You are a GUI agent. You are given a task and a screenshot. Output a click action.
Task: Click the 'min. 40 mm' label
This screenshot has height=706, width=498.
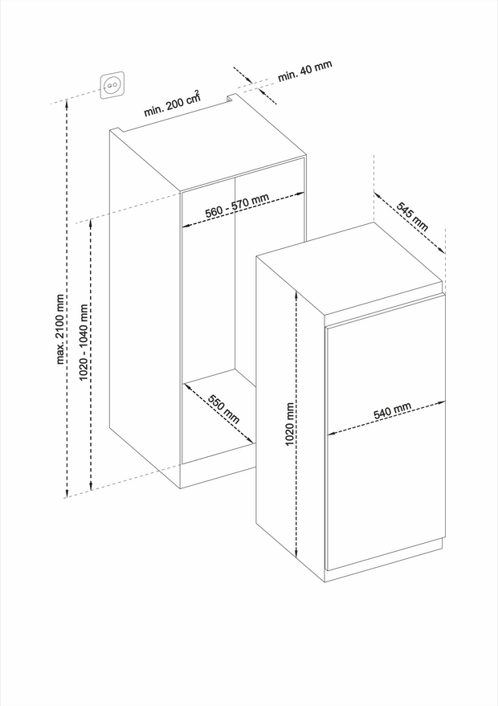tap(305, 70)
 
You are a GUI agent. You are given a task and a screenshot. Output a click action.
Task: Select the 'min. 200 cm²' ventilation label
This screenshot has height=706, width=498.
tap(172, 104)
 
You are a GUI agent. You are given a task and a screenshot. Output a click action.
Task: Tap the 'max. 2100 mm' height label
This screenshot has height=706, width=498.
tap(61, 329)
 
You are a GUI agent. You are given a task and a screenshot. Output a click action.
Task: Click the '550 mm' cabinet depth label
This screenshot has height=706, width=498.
tap(223, 409)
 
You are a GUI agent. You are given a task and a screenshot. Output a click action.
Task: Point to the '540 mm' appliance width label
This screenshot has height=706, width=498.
tap(392, 411)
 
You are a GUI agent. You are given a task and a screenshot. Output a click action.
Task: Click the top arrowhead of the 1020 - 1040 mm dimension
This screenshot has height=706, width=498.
tap(92, 222)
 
